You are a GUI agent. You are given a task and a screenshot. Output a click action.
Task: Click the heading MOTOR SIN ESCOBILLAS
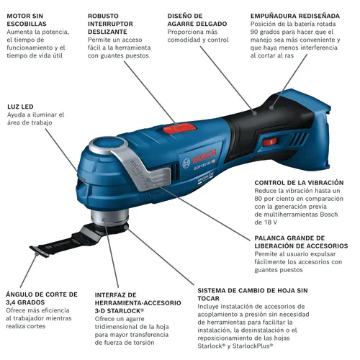pyautogui.click(x=28, y=20)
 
